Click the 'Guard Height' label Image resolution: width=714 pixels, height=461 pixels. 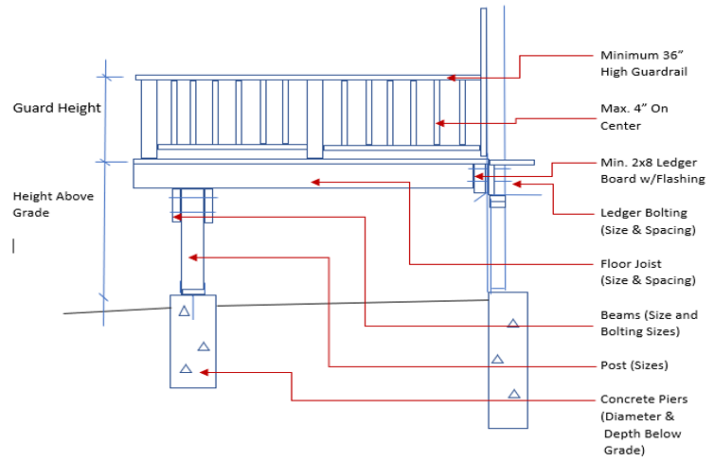pyautogui.click(x=57, y=108)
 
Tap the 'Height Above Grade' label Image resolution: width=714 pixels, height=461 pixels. pyautogui.click(x=44, y=204)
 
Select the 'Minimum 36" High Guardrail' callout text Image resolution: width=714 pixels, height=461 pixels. pyautogui.click(x=643, y=62)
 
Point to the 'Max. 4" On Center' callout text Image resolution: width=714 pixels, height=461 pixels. pyautogui.click(x=634, y=116)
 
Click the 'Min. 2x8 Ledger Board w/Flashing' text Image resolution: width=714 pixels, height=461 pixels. pyautogui.click(x=652, y=170)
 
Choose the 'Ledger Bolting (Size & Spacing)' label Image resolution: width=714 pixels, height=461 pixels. pyautogui.click(x=648, y=222)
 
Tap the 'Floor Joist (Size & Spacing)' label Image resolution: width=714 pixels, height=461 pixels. pyautogui.click(x=644, y=273)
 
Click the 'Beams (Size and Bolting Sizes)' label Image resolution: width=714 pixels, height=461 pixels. pyautogui.click(x=649, y=324)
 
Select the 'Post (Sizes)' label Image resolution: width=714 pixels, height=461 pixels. pyautogui.click(x=634, y=365)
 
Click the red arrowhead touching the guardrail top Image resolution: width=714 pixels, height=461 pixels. pyautogui.click(x=453, y=78)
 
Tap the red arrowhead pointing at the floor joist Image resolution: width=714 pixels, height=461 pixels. pyautogui.click(x=316, y=181)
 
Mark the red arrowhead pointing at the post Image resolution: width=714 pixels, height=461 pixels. pyautogui.click(x=193, y=257)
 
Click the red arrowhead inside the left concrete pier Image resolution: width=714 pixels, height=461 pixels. pyautogui.click(x=205, y=373)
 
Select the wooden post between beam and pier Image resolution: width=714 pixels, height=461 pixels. pyautogui.click(x=192, y=246)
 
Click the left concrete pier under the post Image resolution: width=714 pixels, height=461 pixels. pyautogui.click(x=192, y=341)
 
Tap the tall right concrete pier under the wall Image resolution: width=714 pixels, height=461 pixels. pyautogui.click(x=508, y=360)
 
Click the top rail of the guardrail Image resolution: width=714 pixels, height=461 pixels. pyautogui.click(x=303, y=77)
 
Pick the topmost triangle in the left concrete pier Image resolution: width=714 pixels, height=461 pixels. pyautogui.click(x=185, y=311)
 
